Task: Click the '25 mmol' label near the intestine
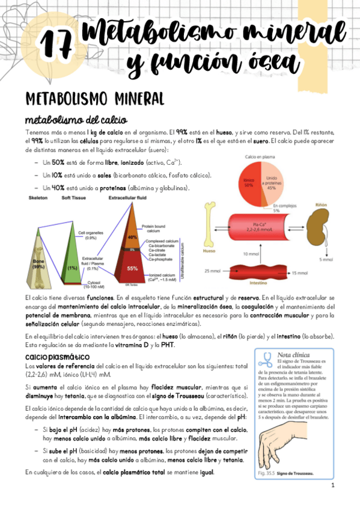coord(212,271)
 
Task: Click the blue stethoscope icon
coord(265,358)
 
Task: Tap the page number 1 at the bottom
coord(332,485)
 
